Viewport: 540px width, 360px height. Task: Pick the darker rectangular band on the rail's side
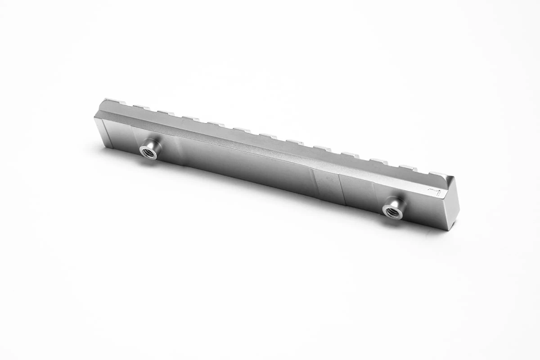click(x=327, y=186)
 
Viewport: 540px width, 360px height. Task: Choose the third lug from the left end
click(x=165, y=112)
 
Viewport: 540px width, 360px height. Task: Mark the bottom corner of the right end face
click(x=451, y=230)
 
